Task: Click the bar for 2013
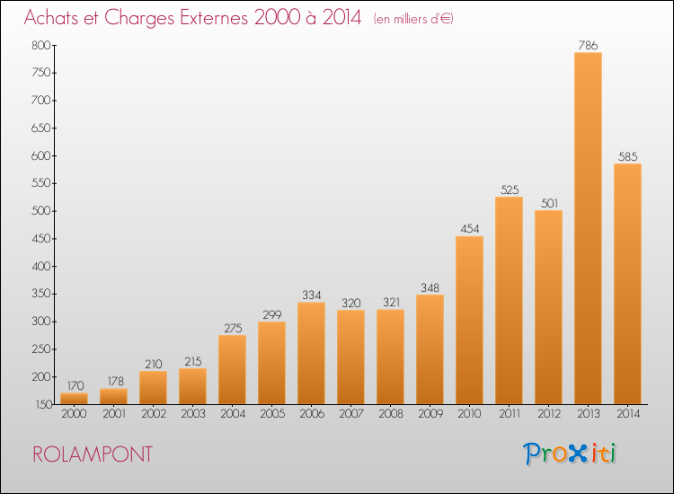pos(588,228)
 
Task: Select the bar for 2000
pos(74,399)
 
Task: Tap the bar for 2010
pos(469,320)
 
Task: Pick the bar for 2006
pos(311,353)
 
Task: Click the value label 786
pos(588,45)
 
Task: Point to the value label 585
pos(627,157)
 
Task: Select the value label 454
pos(469,229)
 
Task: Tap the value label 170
pos(75,385)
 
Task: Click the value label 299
pos(272,315)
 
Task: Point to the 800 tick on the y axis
pos(40,45)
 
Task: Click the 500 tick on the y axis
pos(40,211)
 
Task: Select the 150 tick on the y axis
pos(43,405)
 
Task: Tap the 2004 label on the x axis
pos(233,414)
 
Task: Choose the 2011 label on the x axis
pos(510,414)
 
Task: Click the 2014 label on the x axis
pos(628,414)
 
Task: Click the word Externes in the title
pos(214,17)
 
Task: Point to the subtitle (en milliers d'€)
pos(413,19)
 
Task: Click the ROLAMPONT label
pos(93,454)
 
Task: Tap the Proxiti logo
pos(570,454)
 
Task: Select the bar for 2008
pos(390,357)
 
